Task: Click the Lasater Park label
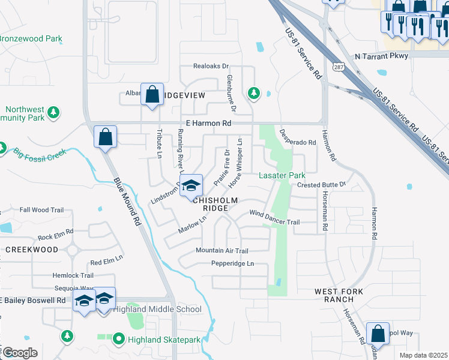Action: [282, 175]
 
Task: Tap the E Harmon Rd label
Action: [208, 123]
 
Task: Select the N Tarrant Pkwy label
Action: [381, 56]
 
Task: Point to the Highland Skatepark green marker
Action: [118, 340]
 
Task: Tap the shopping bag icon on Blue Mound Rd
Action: [106, 137]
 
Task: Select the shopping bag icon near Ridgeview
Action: [152, 94]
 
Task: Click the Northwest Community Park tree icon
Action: [53, 112]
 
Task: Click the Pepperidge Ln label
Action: [232, 263]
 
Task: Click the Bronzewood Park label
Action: [31, 39]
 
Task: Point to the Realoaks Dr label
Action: [211, 66]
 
